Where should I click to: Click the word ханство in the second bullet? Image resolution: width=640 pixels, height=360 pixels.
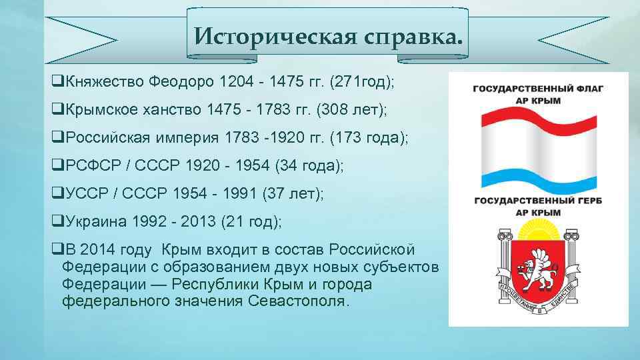174,109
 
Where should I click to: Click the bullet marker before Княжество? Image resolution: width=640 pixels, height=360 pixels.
56,81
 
